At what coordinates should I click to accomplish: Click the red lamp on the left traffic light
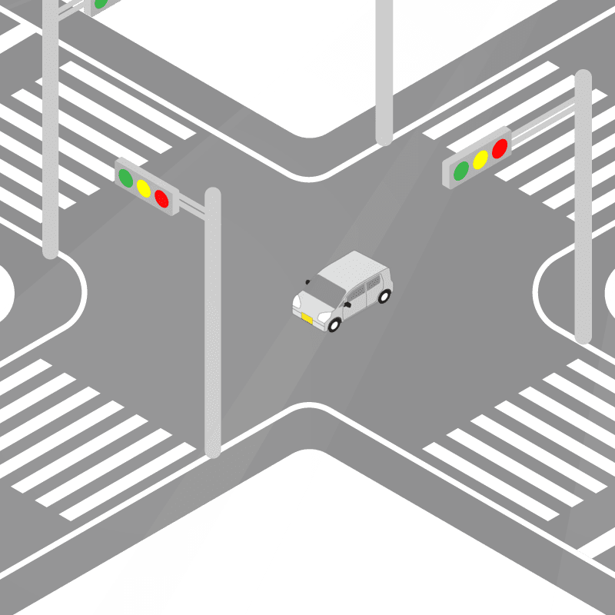(x=161, y=198)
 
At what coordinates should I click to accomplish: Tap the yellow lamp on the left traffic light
(x=143, y=188)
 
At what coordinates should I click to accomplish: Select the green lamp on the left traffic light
(x=125, y=178)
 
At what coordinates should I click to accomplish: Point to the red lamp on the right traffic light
(x=500, y=148)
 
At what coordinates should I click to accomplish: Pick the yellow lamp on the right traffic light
(x=480, y=159)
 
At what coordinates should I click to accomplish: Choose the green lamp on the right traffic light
(x=461, y=171)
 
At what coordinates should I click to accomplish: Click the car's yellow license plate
(x=307, y=318)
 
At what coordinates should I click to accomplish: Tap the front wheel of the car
(x=334, y=324)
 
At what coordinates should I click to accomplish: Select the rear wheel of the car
(x=384, y=295)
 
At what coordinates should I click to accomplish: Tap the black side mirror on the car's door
(x=347, y=305)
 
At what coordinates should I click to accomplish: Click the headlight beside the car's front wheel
(x=324, y=316)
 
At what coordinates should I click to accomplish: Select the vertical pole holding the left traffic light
(x=213, y=323)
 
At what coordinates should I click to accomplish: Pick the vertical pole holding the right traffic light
(x=583, y=208)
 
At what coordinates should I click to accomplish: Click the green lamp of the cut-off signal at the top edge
(x=100, y=4)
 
